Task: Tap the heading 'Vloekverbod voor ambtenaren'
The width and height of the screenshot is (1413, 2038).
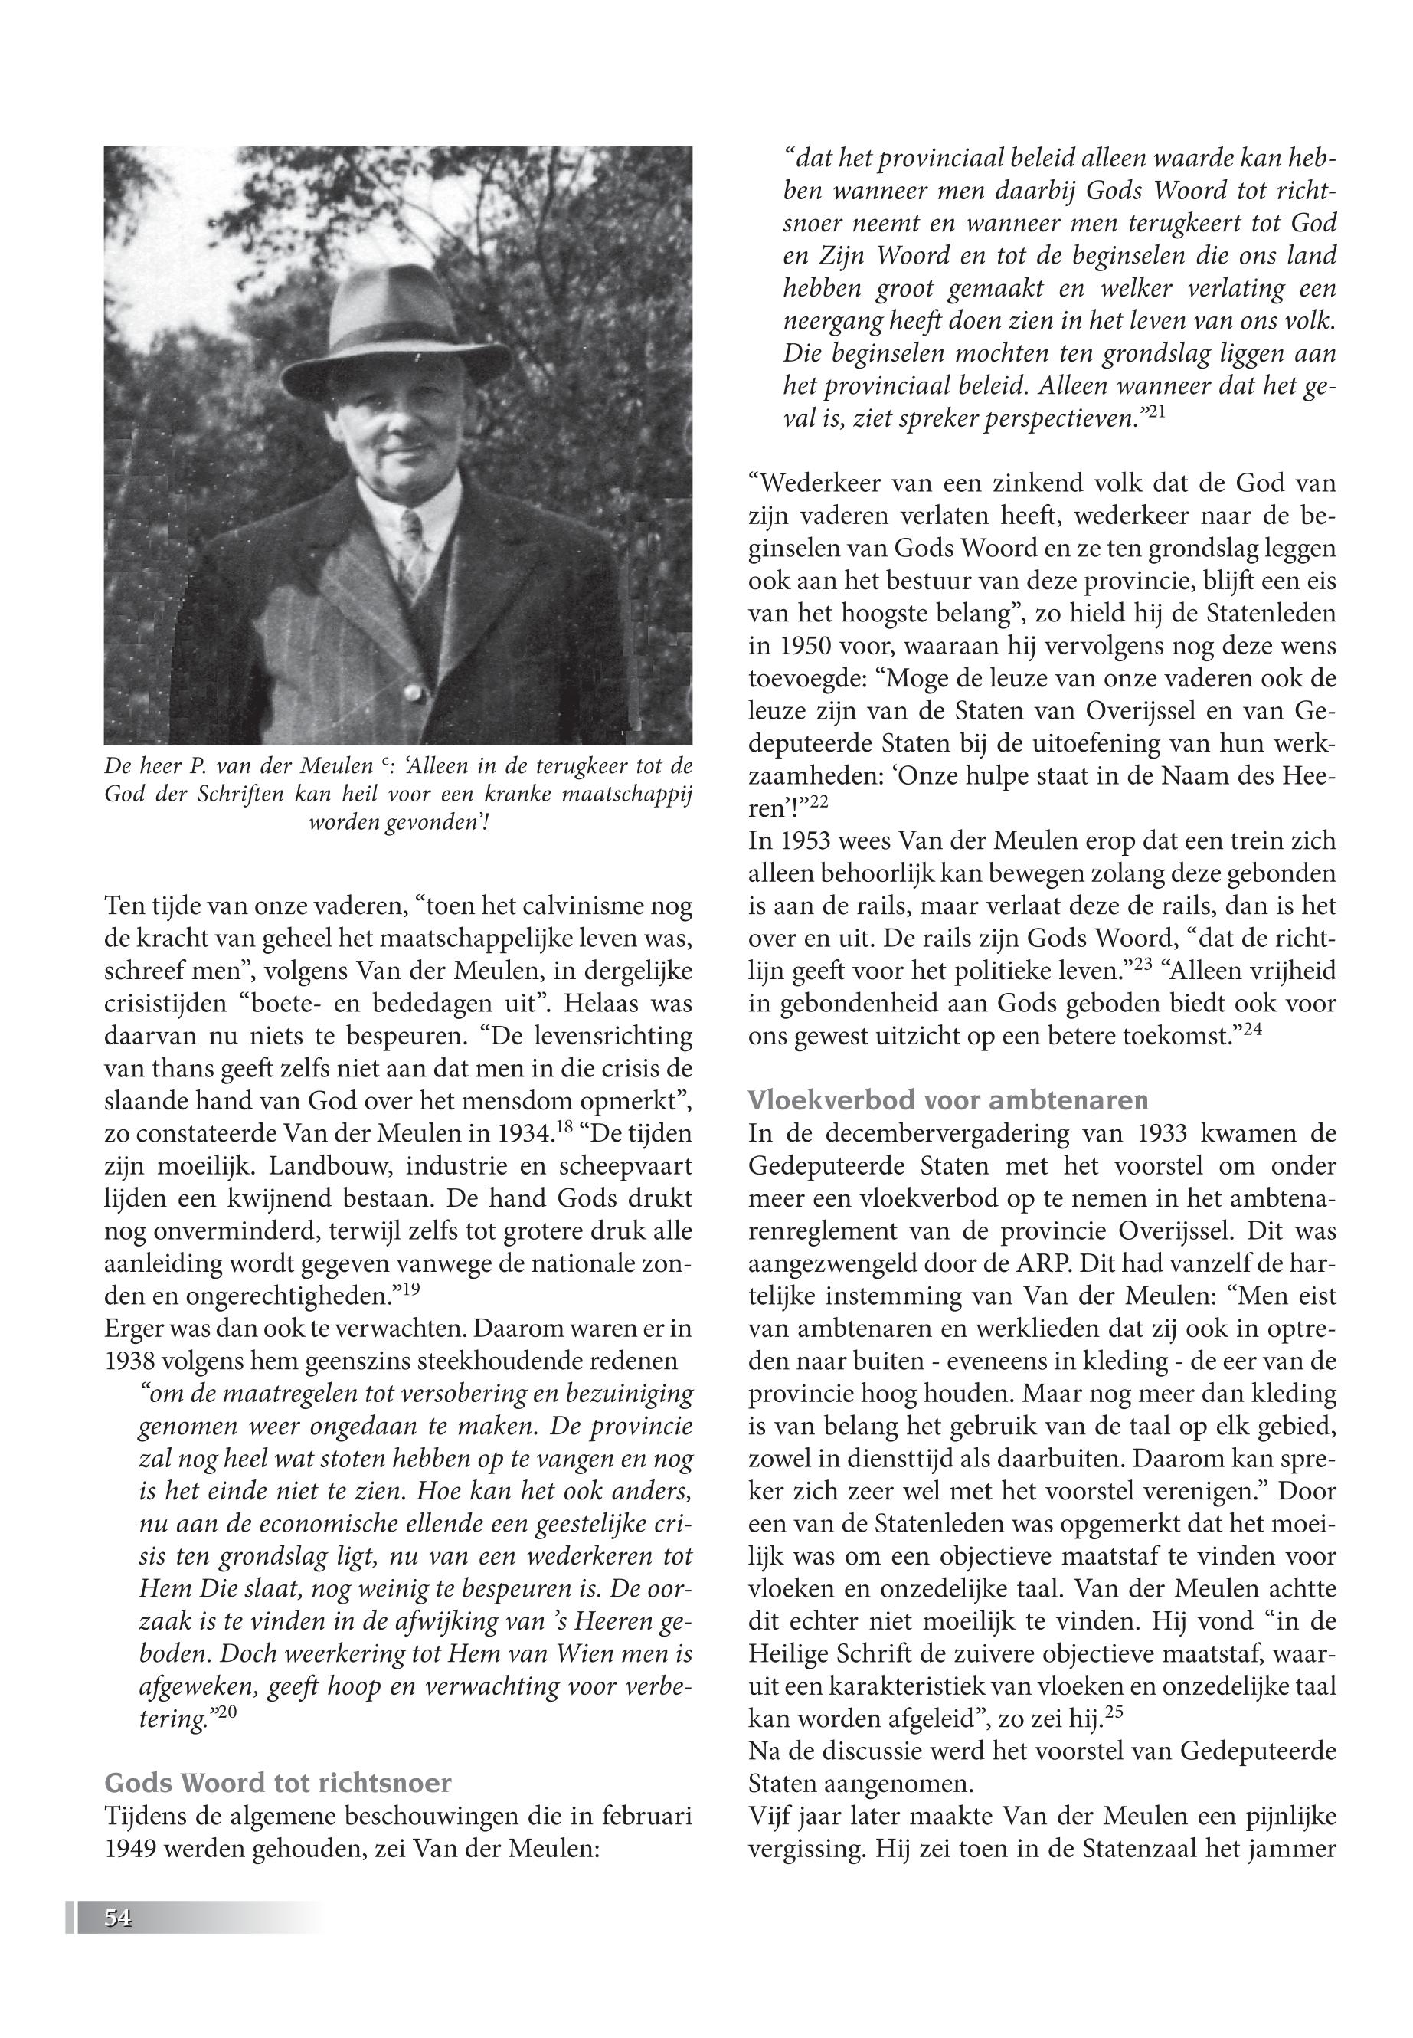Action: coord(948,1099)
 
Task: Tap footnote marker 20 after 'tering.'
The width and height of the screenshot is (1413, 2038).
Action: coord(226,1715)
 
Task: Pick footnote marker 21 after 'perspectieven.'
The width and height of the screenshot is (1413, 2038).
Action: coord(1156,413)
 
